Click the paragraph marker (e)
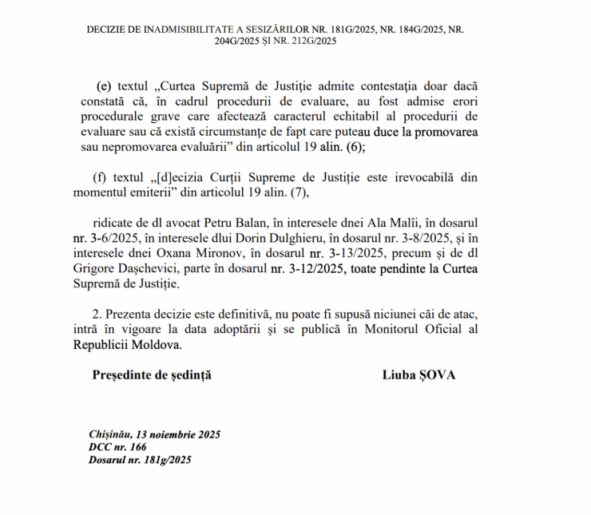click(x=101, y=85)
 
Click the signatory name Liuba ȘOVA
click(x=419, y=374)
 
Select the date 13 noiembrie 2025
click(x=177, y=434)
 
